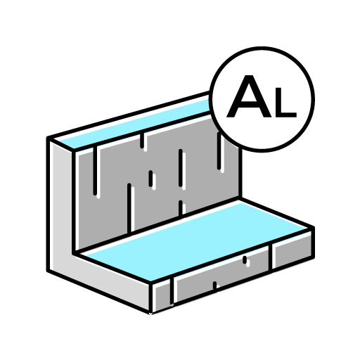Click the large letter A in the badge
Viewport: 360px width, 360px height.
point(249,96)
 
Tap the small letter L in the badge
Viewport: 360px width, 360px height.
point(285,103)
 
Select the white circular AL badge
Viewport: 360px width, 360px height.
point(262,99)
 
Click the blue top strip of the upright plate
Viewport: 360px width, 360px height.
point(134,126)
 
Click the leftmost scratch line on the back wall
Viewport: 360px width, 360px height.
point(95,171)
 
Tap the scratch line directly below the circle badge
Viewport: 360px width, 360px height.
point(219,150)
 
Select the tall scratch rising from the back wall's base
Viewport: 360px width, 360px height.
point(129,208)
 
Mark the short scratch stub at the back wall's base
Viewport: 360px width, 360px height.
point(180,207)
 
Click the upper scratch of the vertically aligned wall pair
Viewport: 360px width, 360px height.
point(180,168)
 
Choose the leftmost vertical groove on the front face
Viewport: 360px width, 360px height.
point(172,290)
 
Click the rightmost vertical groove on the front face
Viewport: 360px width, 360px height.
point(270,257)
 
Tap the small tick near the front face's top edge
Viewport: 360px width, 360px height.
point(245,259)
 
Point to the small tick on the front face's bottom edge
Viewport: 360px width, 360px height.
point(214,285)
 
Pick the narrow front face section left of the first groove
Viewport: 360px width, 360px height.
point(162,295)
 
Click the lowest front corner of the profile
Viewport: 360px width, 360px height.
point(150,313)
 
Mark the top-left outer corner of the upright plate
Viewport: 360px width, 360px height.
point(48,138)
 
